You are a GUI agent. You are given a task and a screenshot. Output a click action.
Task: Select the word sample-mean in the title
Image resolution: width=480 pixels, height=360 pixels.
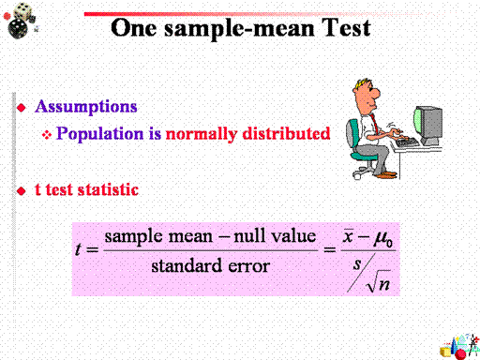(x=239, y=30)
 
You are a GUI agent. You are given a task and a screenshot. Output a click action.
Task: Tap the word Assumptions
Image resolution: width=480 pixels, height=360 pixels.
(x=86, y=107)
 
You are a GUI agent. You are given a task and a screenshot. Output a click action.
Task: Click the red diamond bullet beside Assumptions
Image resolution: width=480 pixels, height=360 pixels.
(x=22, y=108)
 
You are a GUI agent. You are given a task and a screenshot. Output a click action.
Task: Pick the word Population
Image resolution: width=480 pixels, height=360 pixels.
(x=99, y=134)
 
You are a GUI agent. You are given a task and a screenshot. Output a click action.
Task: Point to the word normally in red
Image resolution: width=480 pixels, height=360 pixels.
(x=201, y=134)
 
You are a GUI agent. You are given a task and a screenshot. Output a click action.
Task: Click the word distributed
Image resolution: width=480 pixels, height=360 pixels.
(x=286, y=133)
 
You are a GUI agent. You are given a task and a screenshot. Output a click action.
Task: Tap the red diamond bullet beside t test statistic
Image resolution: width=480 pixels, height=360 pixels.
(x=22, y=190)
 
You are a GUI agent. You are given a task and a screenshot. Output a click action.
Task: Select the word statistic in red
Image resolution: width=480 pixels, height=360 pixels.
(x=108, y=189)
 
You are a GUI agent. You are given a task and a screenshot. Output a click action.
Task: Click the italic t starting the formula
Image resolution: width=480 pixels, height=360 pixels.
(x=79, y=249)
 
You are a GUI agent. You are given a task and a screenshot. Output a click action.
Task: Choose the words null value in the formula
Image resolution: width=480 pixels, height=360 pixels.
(x=275, y=236)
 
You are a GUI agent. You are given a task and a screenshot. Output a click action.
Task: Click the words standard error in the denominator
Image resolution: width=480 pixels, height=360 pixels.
(x=211, y=266)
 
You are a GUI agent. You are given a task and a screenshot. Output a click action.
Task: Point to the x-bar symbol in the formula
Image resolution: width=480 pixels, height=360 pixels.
(x=348, y=236)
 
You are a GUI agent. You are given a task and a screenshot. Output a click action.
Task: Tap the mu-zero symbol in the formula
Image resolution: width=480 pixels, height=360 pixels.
(x=383, y=239)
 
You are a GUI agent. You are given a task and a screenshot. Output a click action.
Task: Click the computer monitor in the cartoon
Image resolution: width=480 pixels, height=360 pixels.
(x=428, y=126)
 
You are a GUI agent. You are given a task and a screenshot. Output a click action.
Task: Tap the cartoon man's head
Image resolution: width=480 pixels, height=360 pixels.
(x=367, y=94)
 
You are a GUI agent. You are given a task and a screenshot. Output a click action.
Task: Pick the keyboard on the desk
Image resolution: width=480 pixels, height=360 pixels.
(x=407, y=142)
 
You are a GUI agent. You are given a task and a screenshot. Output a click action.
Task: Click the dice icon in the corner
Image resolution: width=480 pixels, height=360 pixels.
(x=21, y=21)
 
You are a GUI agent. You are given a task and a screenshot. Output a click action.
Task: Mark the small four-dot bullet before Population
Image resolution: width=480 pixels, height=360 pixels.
(x=47, y=135)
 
